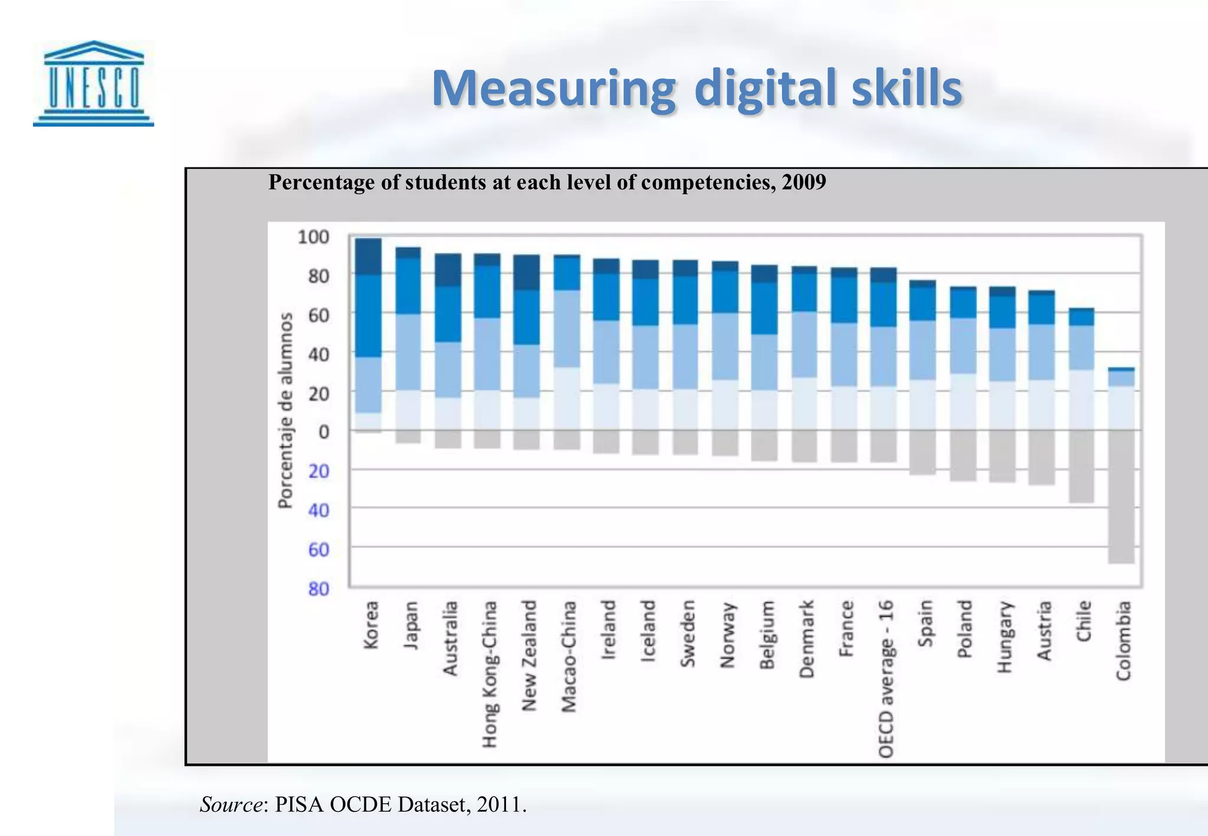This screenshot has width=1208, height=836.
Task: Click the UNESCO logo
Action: (93, 83)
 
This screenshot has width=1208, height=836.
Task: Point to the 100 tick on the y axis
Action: (314, 237)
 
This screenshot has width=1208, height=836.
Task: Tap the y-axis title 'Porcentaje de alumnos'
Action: (285, 410)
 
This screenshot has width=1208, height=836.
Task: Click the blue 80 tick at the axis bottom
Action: (319, 588)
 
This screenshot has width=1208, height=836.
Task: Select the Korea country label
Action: (370, 625)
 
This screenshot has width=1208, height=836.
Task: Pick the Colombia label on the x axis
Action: (1123, 640)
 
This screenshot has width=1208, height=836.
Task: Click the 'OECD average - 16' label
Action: (886, 679)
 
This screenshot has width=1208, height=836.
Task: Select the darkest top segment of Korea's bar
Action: (368, 256)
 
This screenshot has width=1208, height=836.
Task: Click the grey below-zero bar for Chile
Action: (1082, 466)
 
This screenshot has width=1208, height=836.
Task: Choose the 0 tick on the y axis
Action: (323, 432)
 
